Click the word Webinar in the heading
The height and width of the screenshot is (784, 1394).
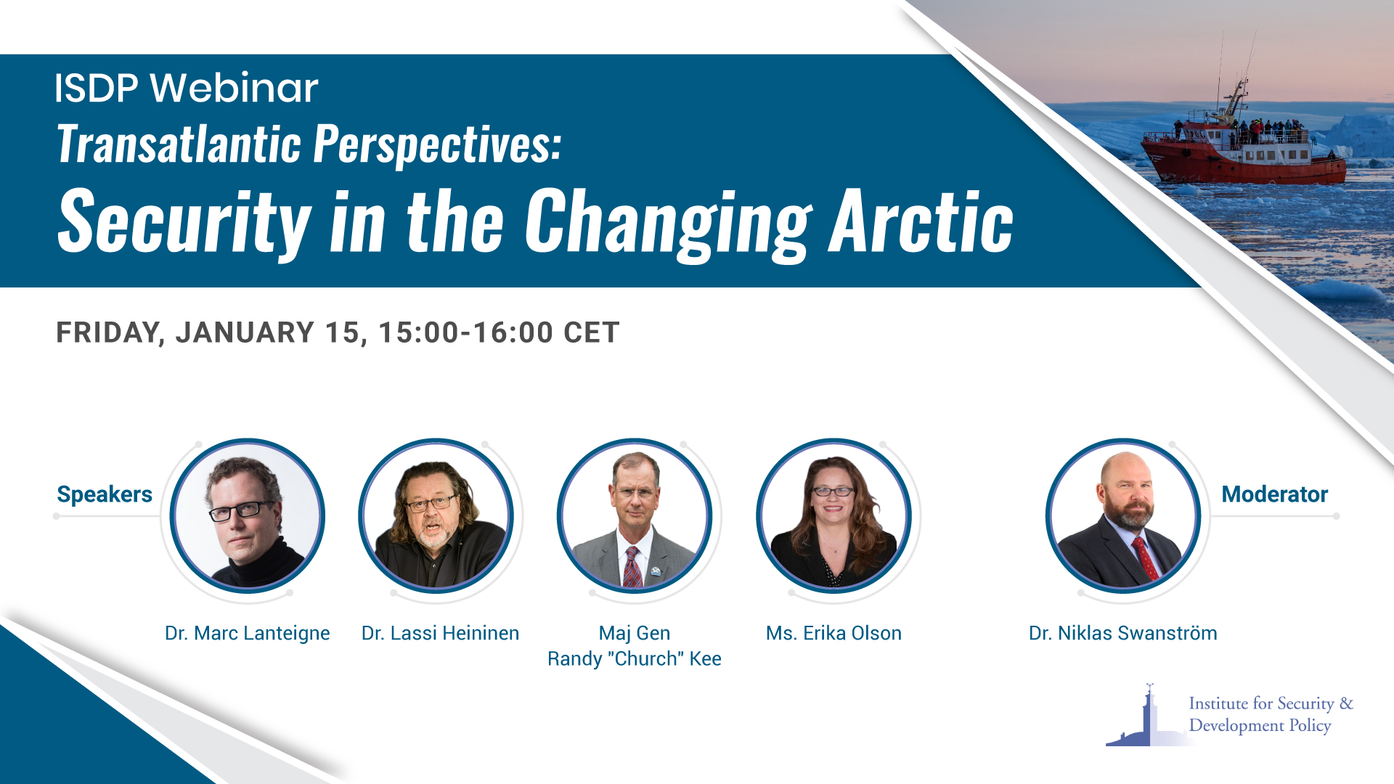coord(234,89)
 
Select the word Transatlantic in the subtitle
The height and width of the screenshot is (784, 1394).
coord(179,144)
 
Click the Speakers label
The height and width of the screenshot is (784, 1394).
coord(105,494)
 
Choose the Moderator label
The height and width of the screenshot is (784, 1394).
coord(1274,494)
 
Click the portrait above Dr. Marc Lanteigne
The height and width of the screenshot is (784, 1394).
coord(247,515)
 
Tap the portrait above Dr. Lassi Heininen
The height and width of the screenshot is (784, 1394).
coord(436,515)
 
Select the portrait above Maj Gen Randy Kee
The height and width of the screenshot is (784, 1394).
coord(635,515)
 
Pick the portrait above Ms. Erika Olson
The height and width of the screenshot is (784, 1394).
coord(833,515)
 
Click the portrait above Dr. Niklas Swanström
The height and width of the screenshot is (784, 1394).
coord(1122,515)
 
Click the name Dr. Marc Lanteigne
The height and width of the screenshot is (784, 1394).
coord(247,633)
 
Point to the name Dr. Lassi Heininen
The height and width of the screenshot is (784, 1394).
coord(440,633)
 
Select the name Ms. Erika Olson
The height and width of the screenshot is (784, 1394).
coord(833,633)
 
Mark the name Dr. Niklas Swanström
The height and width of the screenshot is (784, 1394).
coord(1122,633)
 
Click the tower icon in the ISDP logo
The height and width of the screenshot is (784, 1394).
coord(1148,715)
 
